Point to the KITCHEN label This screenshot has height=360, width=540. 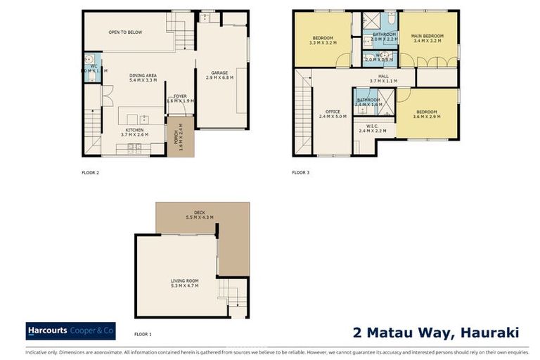click(135, 130)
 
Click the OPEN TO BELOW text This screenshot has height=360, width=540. click(125, 32)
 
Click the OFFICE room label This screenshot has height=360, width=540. click(333, 112)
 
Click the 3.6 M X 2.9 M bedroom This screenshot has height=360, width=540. click(427, 114)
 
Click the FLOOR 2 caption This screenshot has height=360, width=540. click(91, 172)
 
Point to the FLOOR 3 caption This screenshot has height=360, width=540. click(301, 172)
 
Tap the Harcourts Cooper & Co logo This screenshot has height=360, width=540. click(70, 330)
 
